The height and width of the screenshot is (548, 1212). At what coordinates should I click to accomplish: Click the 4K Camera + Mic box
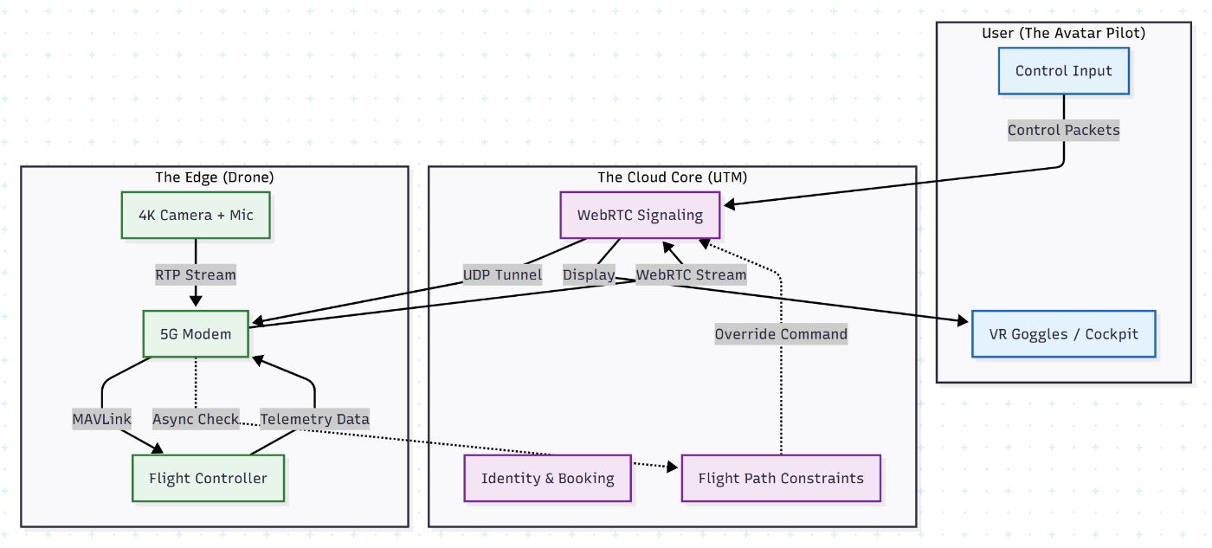click(x=196, y=215)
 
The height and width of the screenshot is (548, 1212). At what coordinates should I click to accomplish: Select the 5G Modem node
click(x=196, y=334)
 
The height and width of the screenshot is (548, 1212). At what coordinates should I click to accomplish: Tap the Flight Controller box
click(x=208, y=478)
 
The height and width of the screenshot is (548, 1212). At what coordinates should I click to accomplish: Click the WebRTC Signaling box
click(x=640, y=215)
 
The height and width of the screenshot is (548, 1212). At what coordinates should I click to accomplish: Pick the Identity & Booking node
click(x=547, y=478)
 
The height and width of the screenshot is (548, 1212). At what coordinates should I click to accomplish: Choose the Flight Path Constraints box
click(x=780, y=478)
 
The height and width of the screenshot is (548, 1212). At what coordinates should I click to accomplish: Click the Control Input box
click(x=1063, y=71)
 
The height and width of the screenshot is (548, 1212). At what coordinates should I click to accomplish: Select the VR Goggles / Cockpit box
click(x=1063, y=334)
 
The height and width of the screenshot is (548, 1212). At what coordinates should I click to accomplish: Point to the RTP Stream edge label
click(x=196, y=275)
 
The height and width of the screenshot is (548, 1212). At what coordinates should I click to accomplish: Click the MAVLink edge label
click(x=102, y=419)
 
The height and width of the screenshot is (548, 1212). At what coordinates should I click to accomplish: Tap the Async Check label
click(x=196, y=419)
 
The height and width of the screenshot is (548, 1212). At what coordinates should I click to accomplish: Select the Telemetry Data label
click(x=315, y=419)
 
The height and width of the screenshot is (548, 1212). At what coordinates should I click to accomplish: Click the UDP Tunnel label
click(x=503, y=275)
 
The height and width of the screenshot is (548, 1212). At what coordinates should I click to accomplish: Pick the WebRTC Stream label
click(x=691, y=275)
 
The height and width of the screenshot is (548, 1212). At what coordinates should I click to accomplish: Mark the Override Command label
click(x=781, y=334)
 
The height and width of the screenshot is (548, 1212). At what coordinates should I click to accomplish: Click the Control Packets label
click(x=1063, y=131)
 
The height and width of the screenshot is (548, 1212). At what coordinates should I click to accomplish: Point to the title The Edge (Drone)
click(x=215, y=177)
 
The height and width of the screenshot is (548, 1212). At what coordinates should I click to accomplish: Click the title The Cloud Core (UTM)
click(x=672, y=177)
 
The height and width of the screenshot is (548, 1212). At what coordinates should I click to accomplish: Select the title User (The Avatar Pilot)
click(x=1063, y=33)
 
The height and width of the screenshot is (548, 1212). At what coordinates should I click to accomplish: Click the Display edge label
click(x=589, y=275)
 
